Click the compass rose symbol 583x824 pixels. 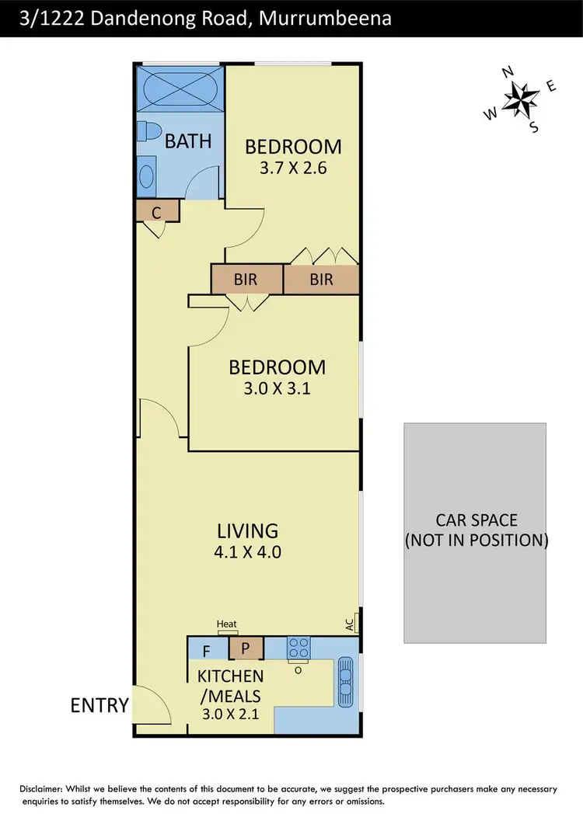[522, 99]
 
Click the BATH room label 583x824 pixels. [188, 141]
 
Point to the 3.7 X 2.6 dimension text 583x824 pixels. [293, 167]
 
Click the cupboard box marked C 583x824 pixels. [157, 210]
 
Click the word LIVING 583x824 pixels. [247, 531]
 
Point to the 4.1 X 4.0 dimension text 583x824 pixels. [248, 553]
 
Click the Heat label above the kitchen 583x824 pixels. [226, 624]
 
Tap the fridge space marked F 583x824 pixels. [206, 649]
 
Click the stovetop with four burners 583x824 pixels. [298, 647]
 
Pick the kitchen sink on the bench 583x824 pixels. [347, 677]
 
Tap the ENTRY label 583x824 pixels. [99, 705]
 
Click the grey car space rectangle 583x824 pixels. [474, 533]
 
